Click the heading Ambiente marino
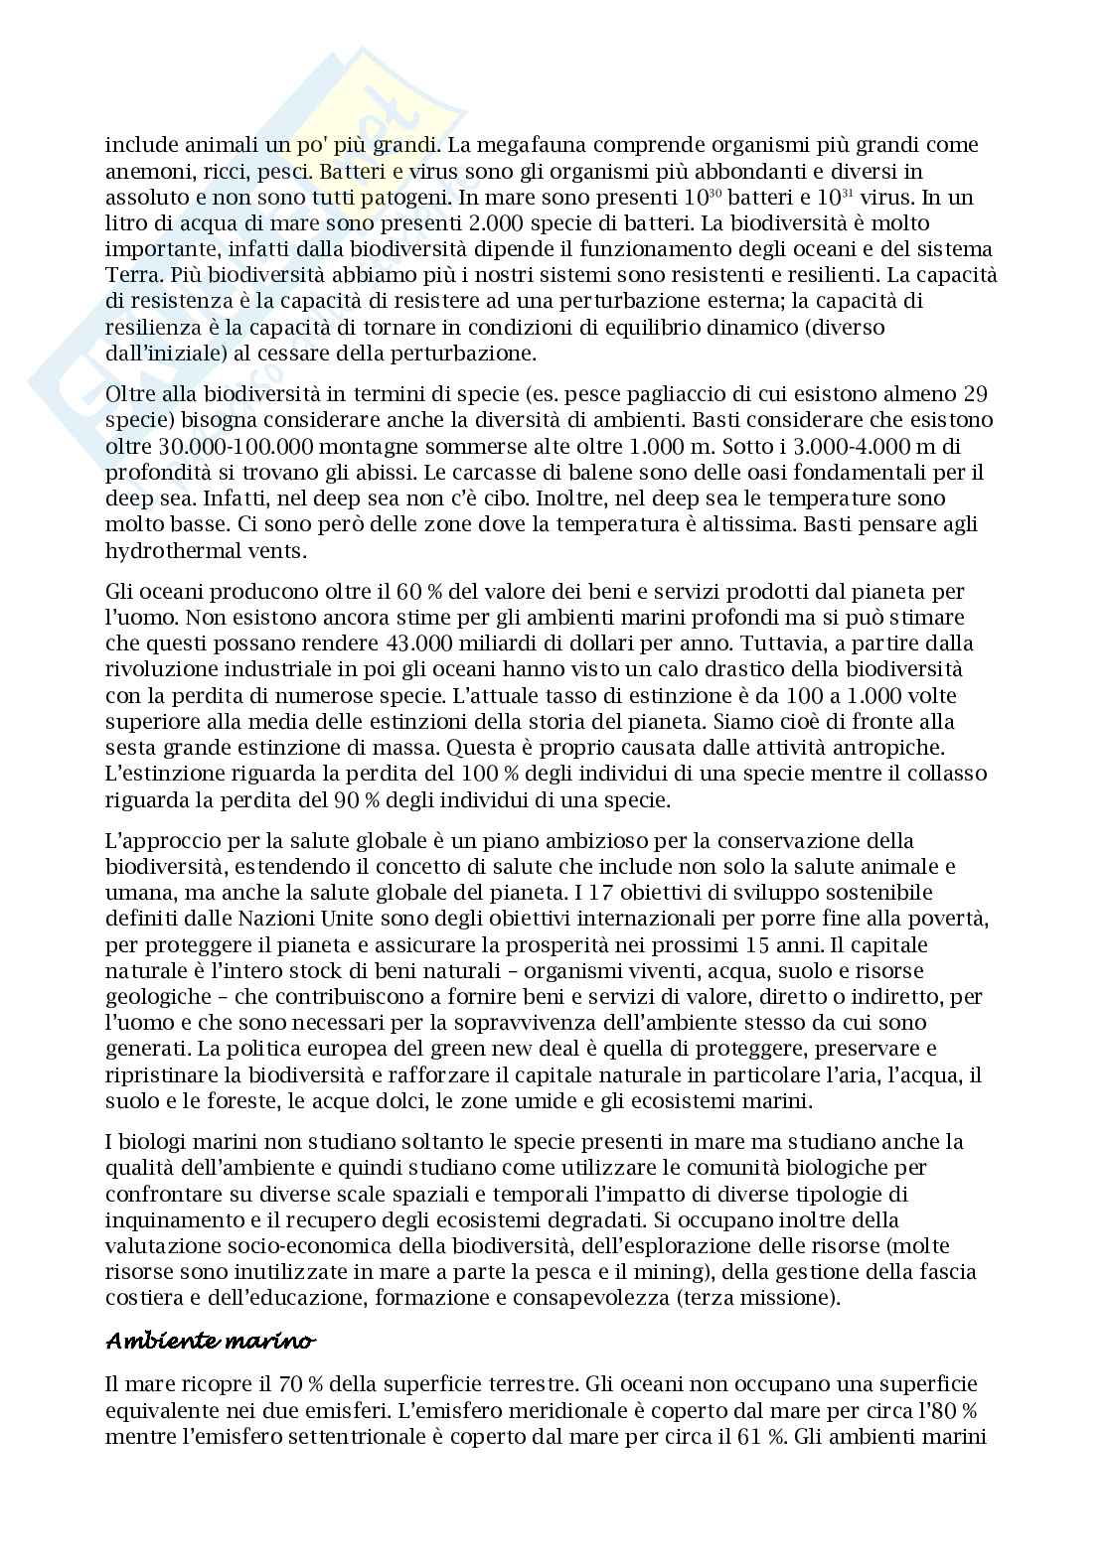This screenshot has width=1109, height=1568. tap(211, 1342)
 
